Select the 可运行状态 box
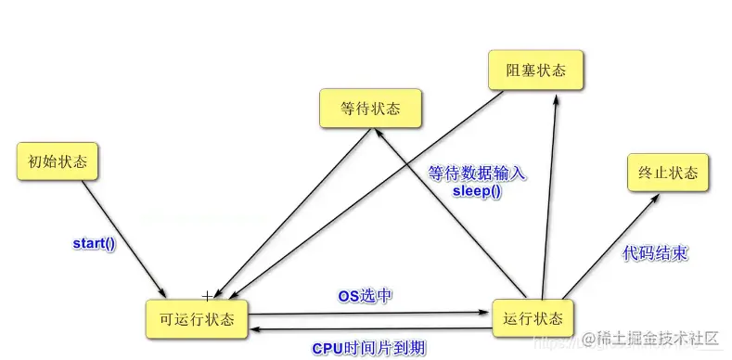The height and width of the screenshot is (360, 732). point(196,319)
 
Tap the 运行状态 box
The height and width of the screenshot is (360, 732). point(533,318)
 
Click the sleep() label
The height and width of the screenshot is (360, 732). point(475,191)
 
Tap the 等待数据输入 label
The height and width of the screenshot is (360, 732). point(477,174)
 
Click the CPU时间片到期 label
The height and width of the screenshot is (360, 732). point(368,348)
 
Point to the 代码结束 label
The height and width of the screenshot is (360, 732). point(654,252)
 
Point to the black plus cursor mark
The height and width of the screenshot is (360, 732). point(207,296)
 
